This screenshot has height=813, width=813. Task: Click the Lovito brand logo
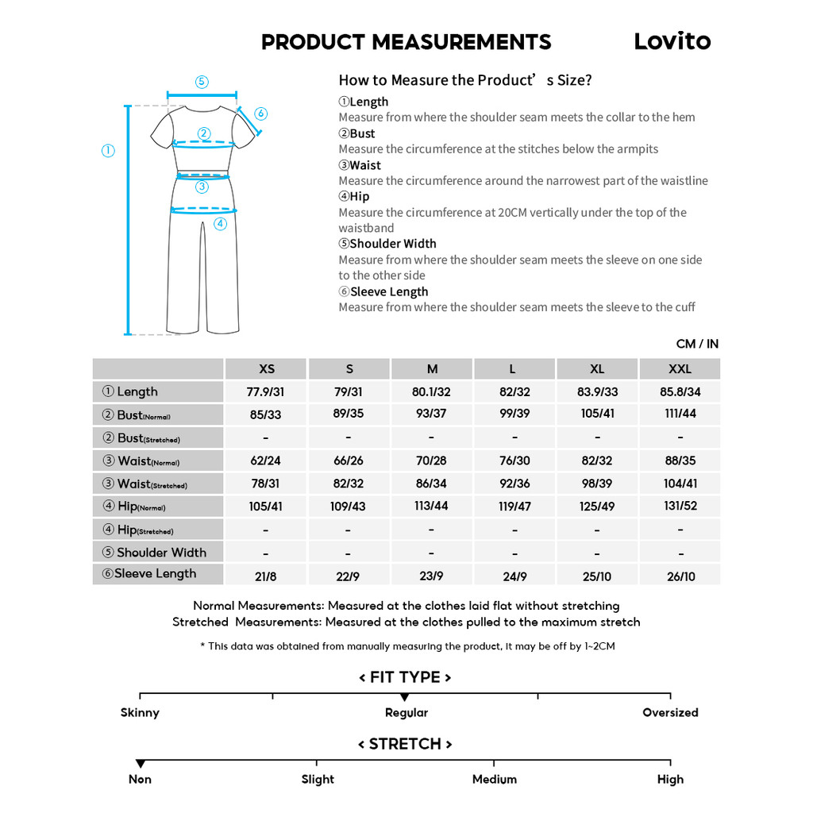[672, 41]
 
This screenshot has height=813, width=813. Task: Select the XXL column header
[680, 368]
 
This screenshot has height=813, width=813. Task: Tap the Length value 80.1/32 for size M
[431, 391]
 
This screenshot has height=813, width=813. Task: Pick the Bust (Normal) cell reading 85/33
[265, 414]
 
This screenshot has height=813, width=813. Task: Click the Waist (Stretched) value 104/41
[680, 484]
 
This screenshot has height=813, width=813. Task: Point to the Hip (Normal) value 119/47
[514, 506]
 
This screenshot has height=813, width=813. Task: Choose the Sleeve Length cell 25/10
[597, 576]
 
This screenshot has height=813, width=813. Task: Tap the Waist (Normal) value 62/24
[265, 460]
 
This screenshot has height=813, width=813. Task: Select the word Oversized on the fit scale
[670, 712]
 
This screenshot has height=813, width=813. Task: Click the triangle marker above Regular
[405, 697]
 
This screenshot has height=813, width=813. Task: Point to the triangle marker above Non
[141, 764]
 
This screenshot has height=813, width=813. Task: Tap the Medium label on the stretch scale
[494, 779]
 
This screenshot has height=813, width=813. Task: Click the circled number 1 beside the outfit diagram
[108, 151]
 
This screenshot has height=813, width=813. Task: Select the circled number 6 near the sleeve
[261, 114]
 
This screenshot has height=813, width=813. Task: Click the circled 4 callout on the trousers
[220, 224]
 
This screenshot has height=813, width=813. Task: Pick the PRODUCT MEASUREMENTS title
[406, 42]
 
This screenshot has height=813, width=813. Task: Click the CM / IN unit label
[697, 344]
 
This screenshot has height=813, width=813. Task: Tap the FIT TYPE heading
[405, 677]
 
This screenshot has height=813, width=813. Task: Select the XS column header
[267, 368]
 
